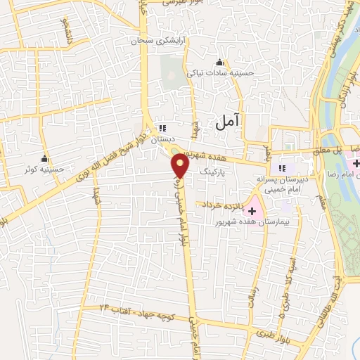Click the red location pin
pos(181,166)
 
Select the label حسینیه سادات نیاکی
pos(218,72)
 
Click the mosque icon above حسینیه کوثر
pos(45,157)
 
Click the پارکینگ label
pos(214,172)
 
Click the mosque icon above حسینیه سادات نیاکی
pos(220,62)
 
